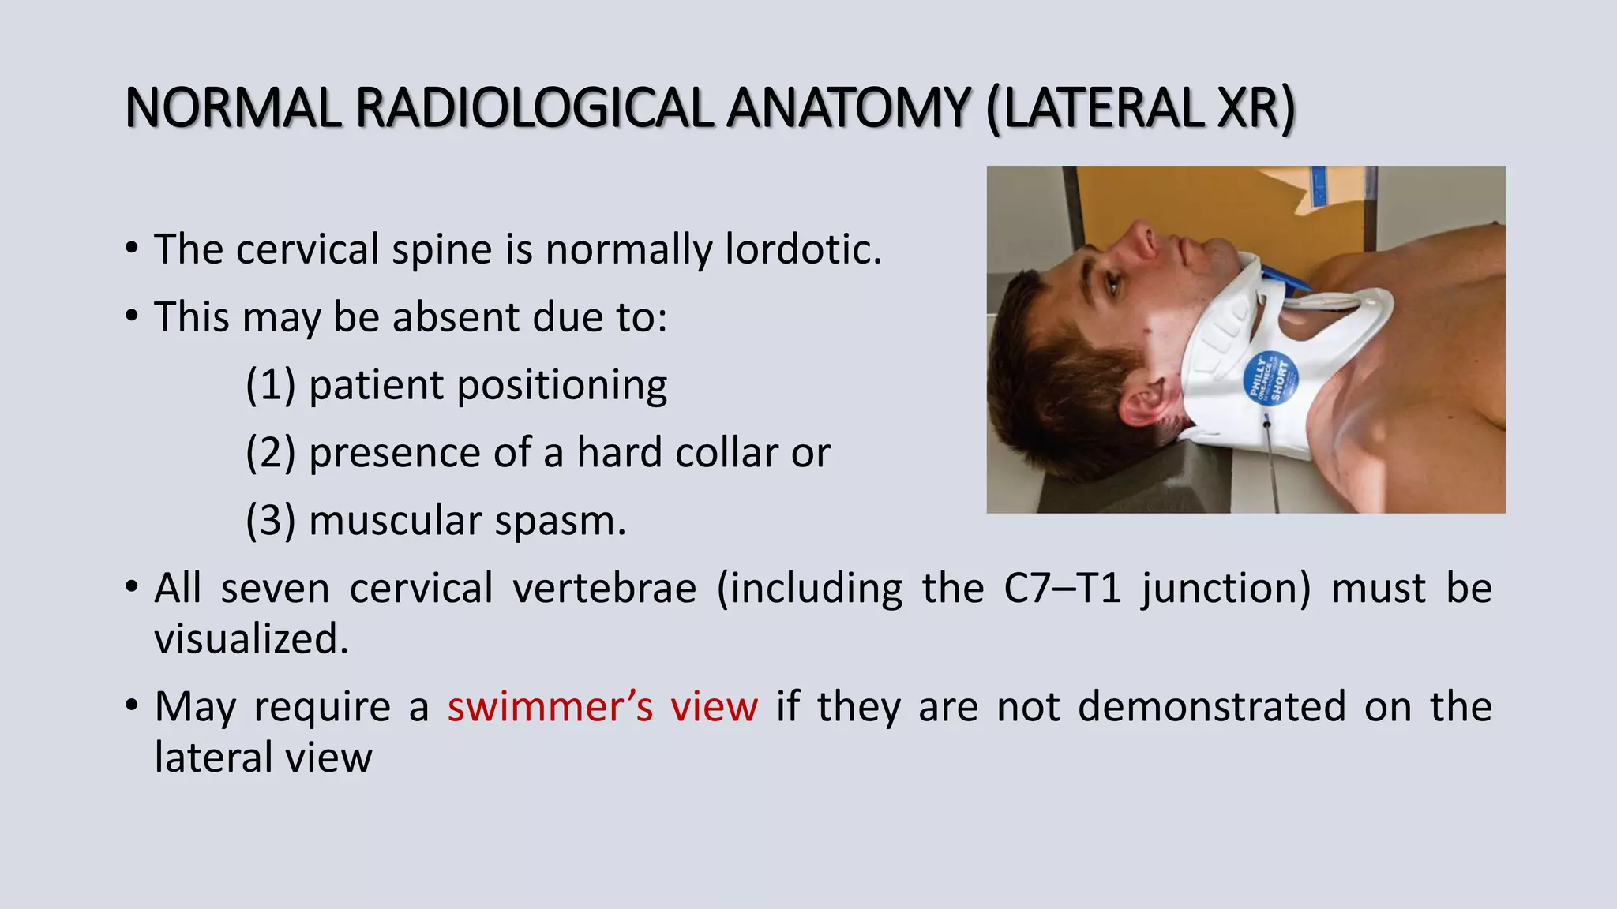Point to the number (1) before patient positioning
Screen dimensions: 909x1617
click(271, 385)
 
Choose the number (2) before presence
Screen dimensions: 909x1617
click(271, 453)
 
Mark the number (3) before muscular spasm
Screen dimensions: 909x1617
click(271, 521)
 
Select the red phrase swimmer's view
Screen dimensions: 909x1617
click(602, 706)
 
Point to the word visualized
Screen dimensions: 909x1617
click(251, 639)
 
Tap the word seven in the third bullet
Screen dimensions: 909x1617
click(275, 589)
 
